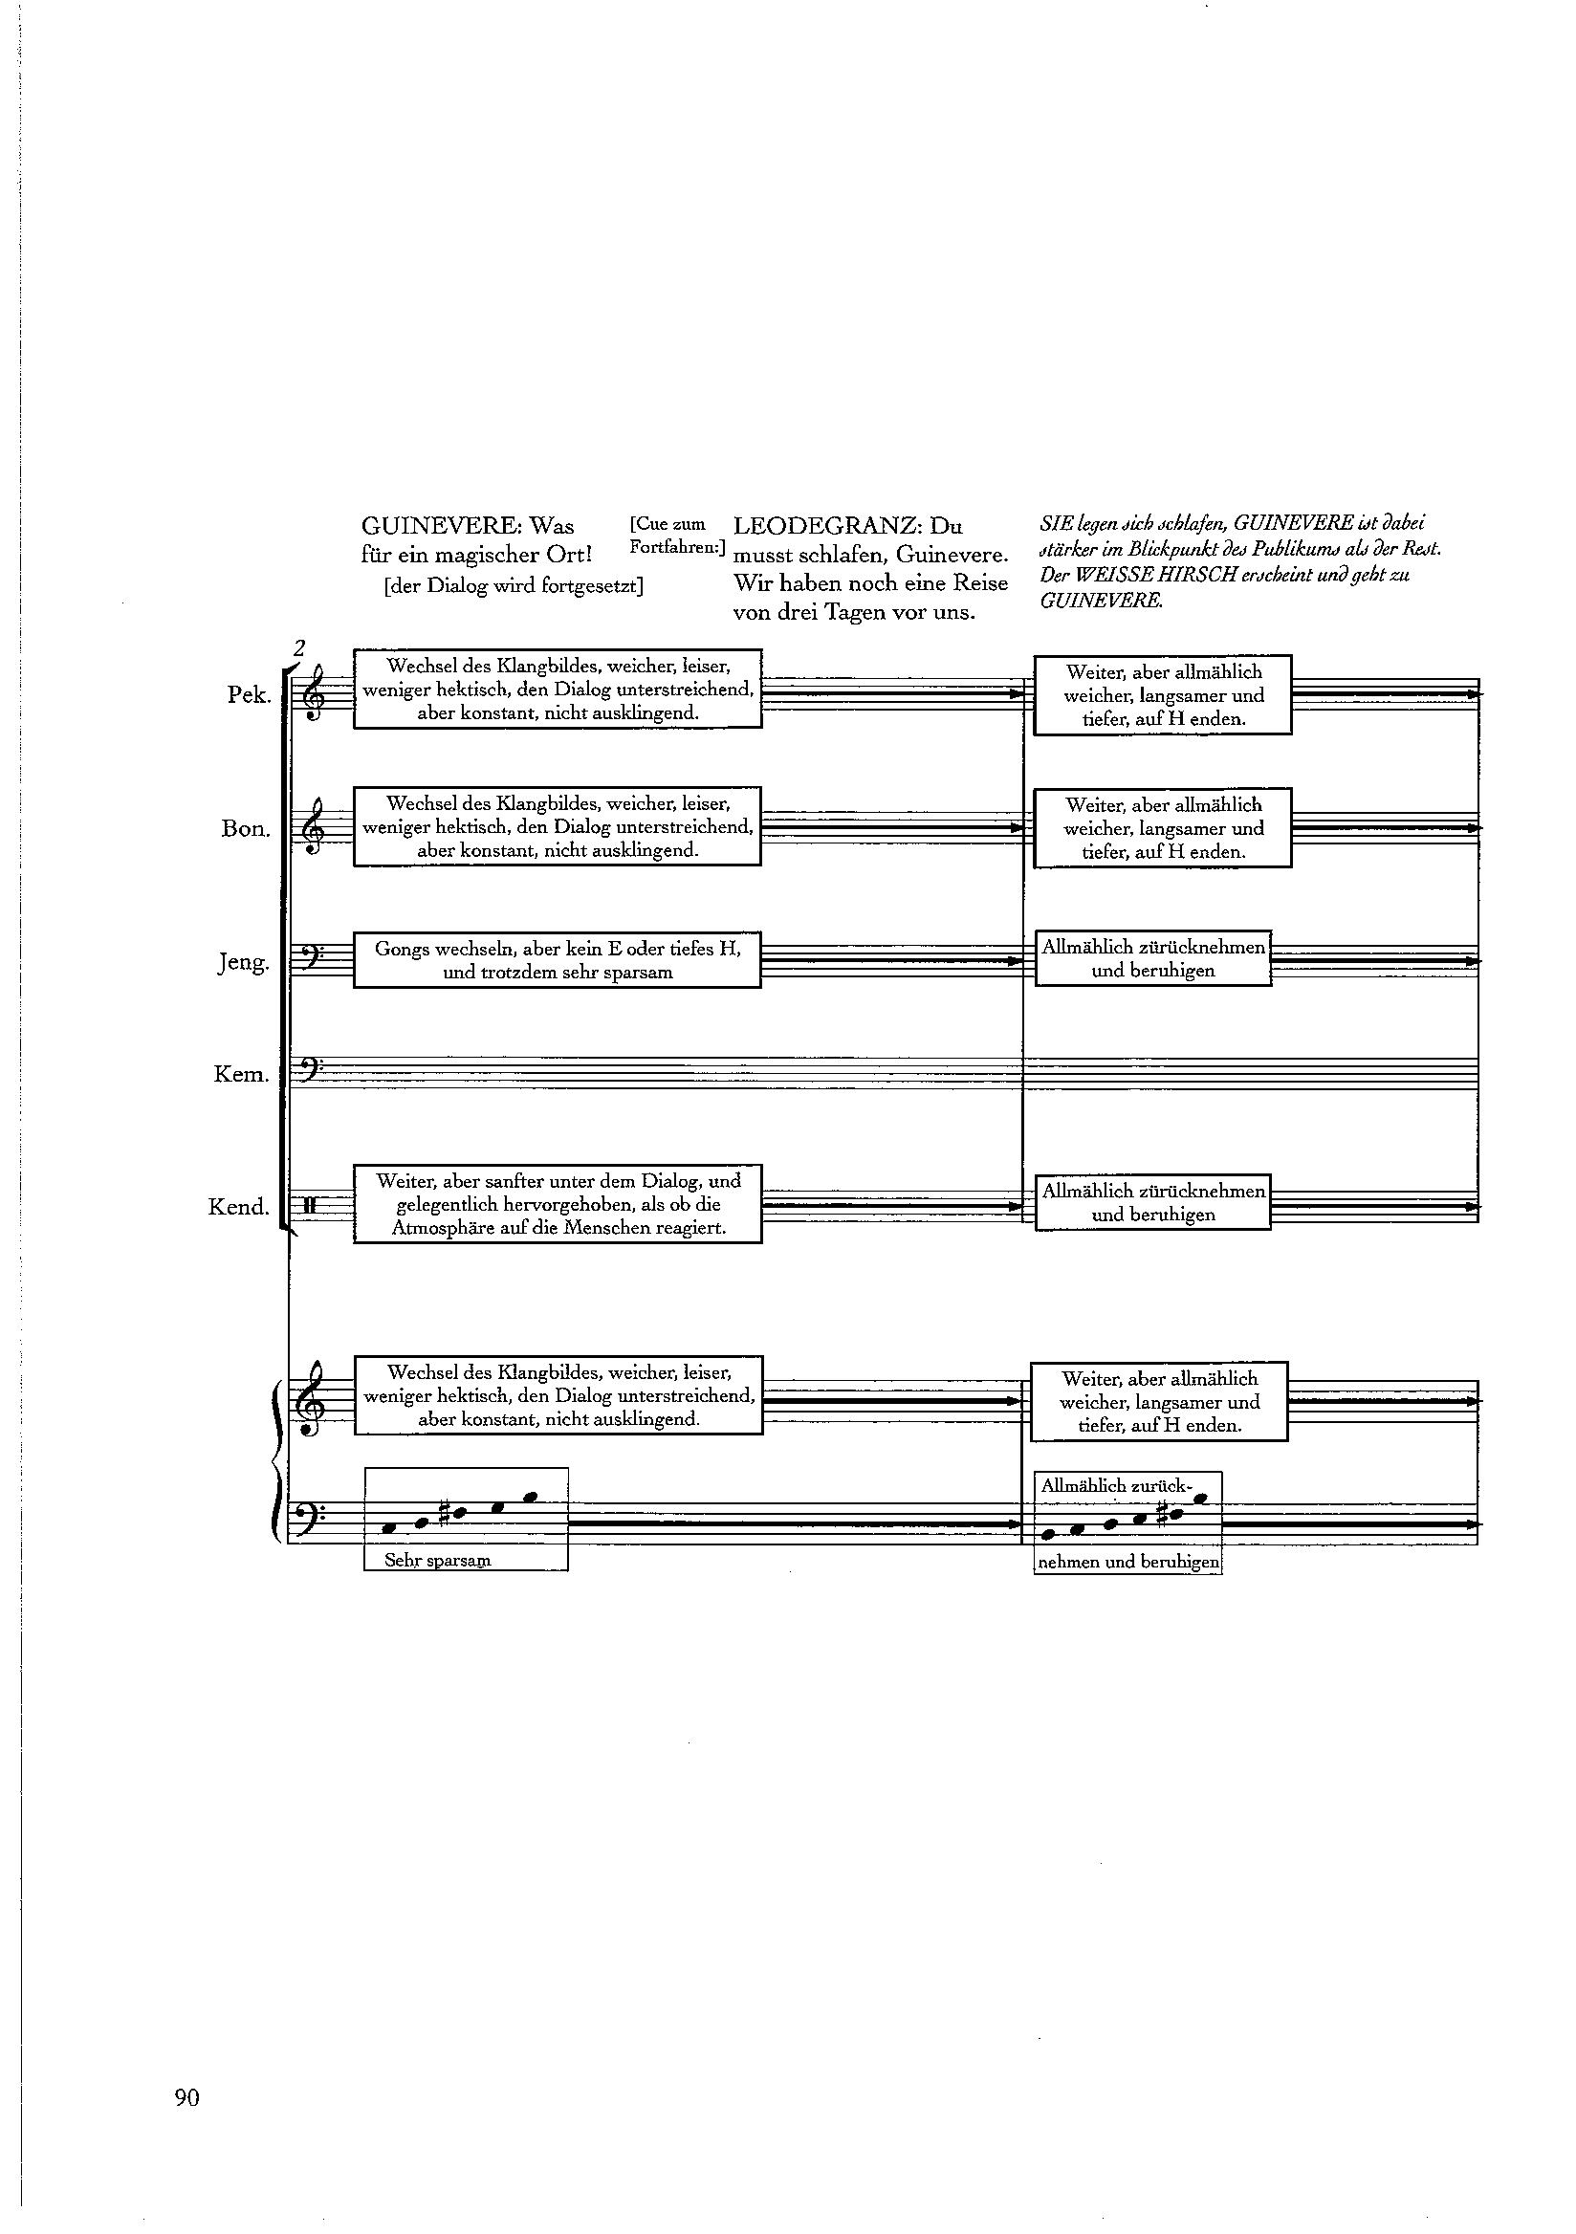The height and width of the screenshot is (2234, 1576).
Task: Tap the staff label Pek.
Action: (x=248, y=695)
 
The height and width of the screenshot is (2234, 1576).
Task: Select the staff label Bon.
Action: (x=245, y=829)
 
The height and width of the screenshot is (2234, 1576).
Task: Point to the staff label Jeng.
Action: (x=243, y=962)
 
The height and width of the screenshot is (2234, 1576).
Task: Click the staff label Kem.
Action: (x=241, y=1074)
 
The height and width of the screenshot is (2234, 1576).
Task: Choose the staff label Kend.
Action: (x=238, y=1207)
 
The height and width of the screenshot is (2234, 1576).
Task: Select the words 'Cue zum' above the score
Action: (x=668, y=524)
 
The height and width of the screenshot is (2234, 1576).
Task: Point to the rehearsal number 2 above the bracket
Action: (x=299, y=648)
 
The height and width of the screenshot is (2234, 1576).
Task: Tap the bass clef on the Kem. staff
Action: (x=306, y=1073)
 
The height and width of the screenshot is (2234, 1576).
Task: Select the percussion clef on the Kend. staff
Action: (x=309, y=1207)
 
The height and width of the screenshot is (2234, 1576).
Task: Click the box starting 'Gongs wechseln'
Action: (x=557, y=960)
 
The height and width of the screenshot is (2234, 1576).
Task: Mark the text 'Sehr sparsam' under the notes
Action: (x=438, y=1560)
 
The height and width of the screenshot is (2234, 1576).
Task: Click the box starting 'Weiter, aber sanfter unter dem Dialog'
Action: (x=558, y=1204)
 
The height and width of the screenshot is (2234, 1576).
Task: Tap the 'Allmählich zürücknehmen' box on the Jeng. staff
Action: (x=1152, y=958)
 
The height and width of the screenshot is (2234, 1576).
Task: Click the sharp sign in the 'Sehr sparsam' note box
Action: (x=445, y=1513)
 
